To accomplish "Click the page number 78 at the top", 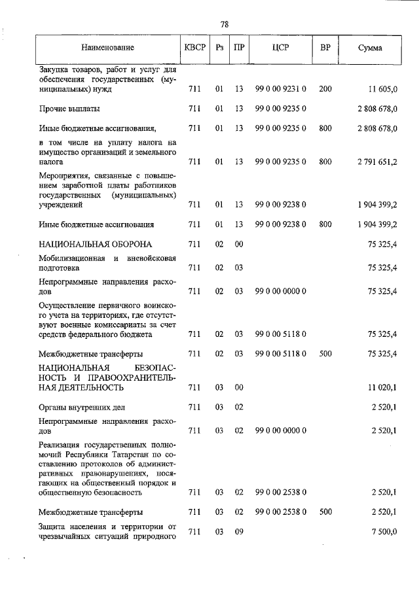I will pos(225,24).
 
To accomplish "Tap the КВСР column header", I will pos(194,48).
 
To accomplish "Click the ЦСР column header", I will pos(280,48).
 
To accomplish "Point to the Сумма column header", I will pos(371,48).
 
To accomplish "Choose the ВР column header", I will pos(325,48).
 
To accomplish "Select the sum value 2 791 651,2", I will pos(373,161).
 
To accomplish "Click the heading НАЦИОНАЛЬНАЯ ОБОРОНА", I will pos(95,244).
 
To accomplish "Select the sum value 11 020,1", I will pos(383,387).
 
